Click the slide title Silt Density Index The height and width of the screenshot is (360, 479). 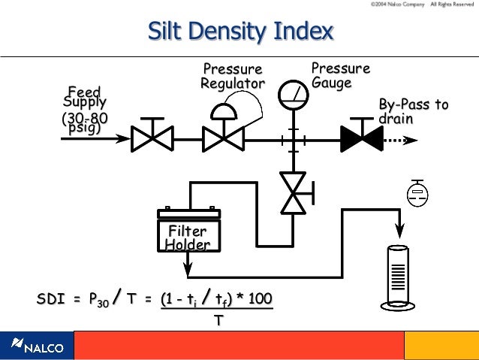coord(240,32)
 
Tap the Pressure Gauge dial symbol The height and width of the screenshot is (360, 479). coord(293,94)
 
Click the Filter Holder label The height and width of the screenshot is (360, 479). coord(187,237)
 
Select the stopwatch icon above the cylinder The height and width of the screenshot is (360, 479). coord(416,194)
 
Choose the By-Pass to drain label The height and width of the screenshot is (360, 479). coord(413,111)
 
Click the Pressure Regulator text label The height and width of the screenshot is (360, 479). coord(232,76)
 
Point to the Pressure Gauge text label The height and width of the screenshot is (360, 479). coord(340,75)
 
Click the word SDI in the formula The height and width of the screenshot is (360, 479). coord(50,298)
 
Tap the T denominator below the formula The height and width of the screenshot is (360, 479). coord(218,320)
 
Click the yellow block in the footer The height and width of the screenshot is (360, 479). coord(441,346)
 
